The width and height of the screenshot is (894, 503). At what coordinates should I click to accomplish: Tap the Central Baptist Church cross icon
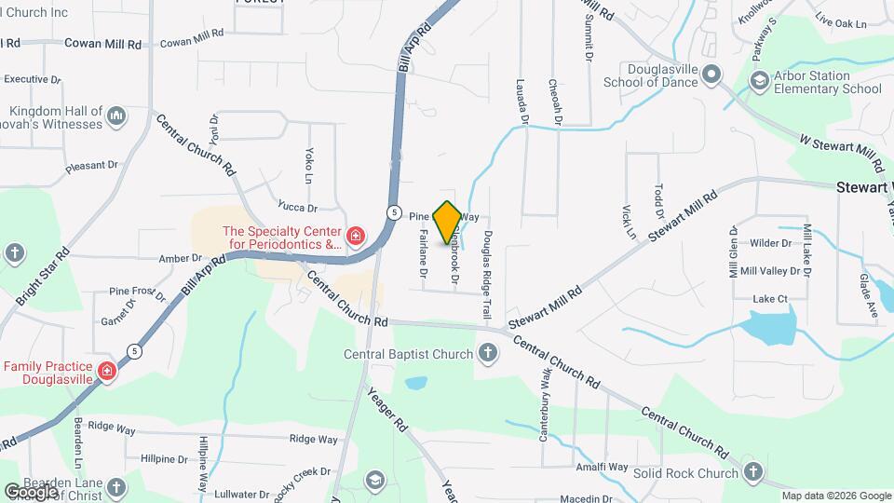pos(487,353)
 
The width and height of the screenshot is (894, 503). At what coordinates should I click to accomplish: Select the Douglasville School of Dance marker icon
pos(711,74)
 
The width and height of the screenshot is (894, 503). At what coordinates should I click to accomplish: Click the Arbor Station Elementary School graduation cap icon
pos(761,82)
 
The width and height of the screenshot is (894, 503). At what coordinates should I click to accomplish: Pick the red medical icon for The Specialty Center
pos(355,238)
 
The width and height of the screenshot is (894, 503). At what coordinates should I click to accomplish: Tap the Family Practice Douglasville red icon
pos(108,373)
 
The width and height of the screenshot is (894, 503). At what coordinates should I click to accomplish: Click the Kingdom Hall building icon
pos(116,116)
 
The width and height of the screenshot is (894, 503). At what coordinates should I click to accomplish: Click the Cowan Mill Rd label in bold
pos(102,43)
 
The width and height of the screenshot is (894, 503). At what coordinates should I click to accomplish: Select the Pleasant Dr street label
pos(92,167)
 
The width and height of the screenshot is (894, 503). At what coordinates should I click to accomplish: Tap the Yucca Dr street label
pos(297,207)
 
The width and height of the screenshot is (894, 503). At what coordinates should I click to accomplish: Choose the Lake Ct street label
pos(769,299)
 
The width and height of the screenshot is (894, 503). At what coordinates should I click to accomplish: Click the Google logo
pos(31,491)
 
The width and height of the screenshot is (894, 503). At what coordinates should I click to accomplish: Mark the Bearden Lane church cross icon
pos(116,487)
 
